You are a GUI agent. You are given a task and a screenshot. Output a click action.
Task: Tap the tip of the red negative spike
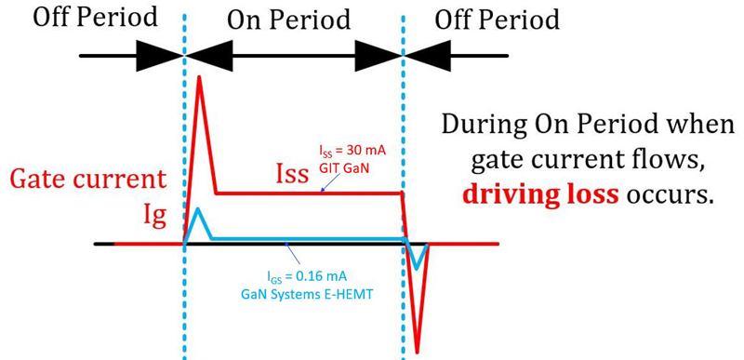[x=418, y=352]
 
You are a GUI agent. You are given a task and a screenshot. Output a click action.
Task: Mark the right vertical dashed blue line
[x=404, y=140]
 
